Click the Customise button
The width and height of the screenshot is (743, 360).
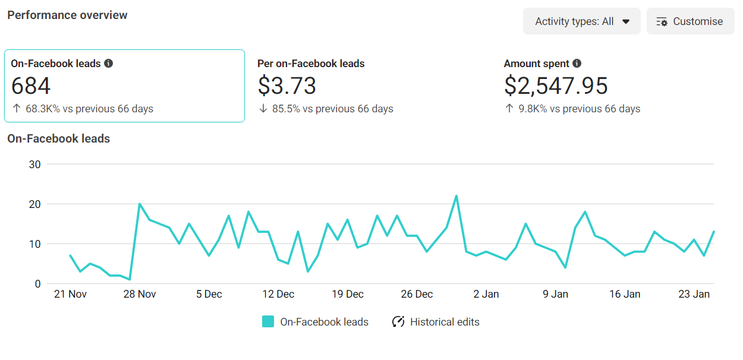tap(690, 21)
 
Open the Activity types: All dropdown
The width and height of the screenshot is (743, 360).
tap(581, 21)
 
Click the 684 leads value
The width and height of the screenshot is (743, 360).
tap(31, 86)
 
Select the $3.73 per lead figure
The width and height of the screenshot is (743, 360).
tap(287, 86)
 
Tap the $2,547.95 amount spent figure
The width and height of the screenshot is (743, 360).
tap(556, 86)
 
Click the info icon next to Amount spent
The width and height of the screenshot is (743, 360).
tap(577, 64)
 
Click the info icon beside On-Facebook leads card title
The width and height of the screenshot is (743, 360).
tap(108, 64)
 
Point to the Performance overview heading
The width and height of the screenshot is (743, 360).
tap(67, 15)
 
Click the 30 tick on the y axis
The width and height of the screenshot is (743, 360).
tap(34, 165)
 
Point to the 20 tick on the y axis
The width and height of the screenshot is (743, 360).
tap(34, 204)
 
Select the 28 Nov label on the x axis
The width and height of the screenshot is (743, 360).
tap(139, 294)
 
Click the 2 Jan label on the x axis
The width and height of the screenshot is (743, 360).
tap(486, 294)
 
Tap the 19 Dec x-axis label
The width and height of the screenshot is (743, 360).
tap(347, 294)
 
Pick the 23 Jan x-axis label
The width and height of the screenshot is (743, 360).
tap(694, 294)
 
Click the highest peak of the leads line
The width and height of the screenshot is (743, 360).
tap(456, 196)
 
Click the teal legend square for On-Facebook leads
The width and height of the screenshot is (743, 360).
tap(268, 322)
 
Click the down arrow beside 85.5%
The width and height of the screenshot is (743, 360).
tap(263, 109)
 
